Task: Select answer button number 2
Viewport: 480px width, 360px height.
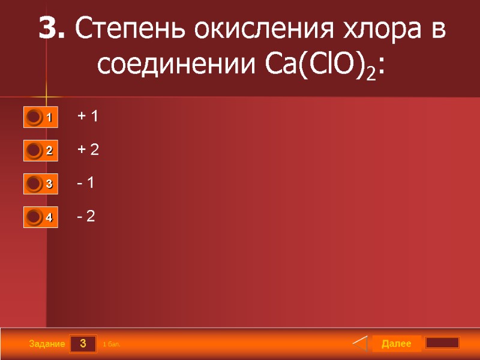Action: pyautogui.click(x=41, y=151)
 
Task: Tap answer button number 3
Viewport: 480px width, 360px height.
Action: pyautogui.click(x=41, y=184)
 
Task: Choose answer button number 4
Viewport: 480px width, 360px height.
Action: pyautogui.click(x=41, y=218)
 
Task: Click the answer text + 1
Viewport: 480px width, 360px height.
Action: pyautogui.click(x=88, y=116)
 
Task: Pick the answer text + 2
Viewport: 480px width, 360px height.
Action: pyautogui.click(x=88, y=150)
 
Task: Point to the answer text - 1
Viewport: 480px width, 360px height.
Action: pyautogui.click(x=86, y=183)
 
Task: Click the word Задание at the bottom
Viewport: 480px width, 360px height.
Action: pyautogui.click(x=46, y=344)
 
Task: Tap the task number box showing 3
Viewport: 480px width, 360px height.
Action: pyautogui.click(x=83, y=344)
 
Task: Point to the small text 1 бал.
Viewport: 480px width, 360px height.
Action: pyautogui.click(x=112, y=344)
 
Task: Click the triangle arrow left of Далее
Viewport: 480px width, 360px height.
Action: pyautogui.click(x=360, y=344)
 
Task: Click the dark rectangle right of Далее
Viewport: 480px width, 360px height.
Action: pyautogui.click(x=442, y=343)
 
